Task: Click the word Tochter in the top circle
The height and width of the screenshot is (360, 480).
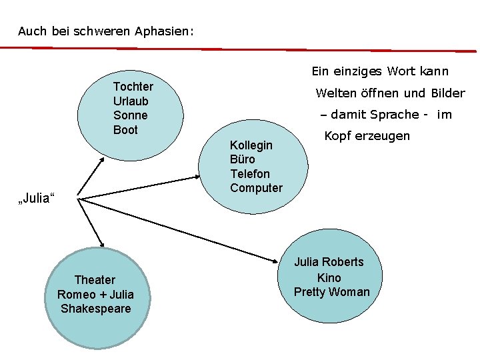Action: click(x=133, y=87)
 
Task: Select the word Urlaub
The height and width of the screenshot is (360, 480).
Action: click(x=131, y=101)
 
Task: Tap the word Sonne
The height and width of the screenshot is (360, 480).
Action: click(x=130, y=115)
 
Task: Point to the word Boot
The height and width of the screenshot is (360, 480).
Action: click(x=125, y=130)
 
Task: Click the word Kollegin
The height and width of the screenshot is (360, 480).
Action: click(x=251, y=145)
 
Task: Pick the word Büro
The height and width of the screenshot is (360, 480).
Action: click(x=242, y=159)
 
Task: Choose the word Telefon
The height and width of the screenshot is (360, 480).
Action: click(x=250, y=174)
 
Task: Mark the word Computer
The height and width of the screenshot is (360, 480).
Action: click(x=256, y=188)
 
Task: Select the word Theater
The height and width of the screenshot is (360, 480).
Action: click(x=95, y=280)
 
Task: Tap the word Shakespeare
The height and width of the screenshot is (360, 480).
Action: click(x=95, y=309)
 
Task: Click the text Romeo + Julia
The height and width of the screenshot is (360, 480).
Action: click(x=95, y=295)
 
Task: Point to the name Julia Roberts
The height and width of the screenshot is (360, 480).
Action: click(x=329, y=262)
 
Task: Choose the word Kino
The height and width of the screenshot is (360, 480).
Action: click(x=329, y=277)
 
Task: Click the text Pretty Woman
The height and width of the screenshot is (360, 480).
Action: click(x=331, y=292)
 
